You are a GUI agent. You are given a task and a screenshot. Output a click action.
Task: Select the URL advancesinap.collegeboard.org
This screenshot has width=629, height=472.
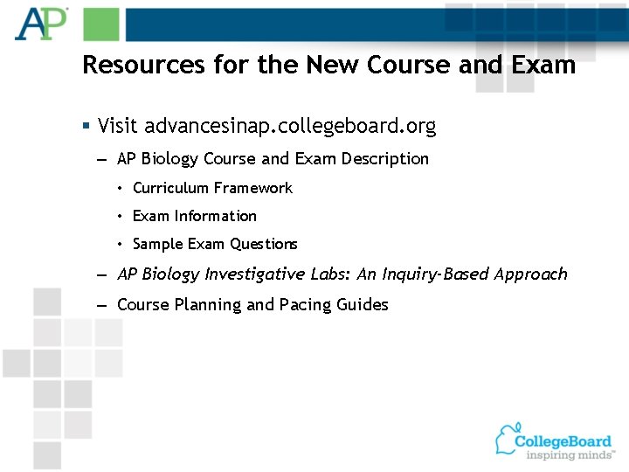[x=290, y=126]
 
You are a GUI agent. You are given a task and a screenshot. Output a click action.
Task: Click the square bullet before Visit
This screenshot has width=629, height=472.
[x=86, y=127]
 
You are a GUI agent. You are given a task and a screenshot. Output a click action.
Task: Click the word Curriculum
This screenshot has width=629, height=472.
[x=170, y=188]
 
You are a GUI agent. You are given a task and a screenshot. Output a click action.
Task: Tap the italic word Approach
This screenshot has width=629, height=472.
[x=530, y=274]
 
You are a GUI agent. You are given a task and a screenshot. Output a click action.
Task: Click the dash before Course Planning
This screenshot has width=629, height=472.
[x=102, y=305]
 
